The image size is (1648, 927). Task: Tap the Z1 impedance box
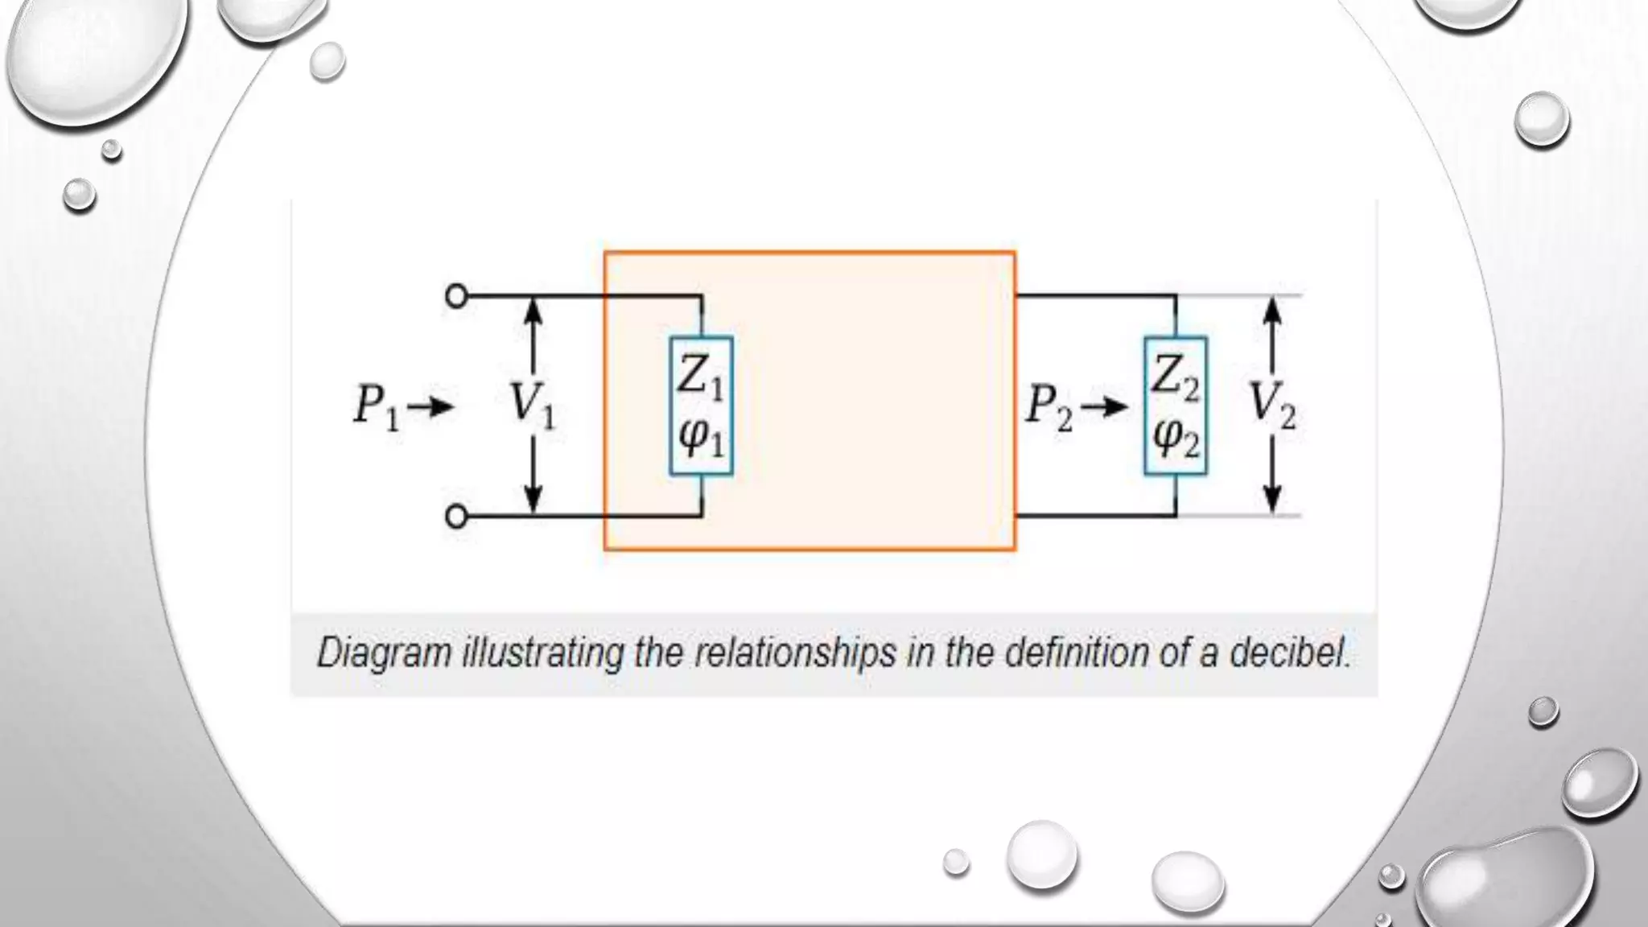(x=701, y=405)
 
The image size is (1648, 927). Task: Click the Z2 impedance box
(x=1175, y=405)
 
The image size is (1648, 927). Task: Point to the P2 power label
(x=1049, y=407)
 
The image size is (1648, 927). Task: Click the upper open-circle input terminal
(x=456, y=296)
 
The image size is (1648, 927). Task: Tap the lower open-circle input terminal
(x=456, y=516)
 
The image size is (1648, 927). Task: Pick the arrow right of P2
(x=1106, y=408)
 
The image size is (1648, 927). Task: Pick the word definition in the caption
(x=1078, y=652)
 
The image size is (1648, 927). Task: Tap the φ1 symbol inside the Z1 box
(x=701, y=439)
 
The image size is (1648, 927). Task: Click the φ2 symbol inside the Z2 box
(x=1176, y=439)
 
